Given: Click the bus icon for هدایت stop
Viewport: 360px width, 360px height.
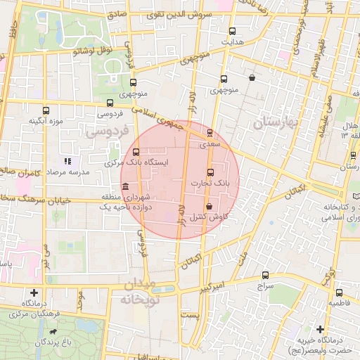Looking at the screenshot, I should [x=233, y=30].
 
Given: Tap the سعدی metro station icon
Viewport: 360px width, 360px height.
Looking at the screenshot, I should [x=210, y=133].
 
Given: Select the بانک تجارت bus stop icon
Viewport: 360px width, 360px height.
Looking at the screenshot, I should [x=210, y=172].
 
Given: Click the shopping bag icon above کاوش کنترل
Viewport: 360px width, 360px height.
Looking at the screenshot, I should [x=210, y=206].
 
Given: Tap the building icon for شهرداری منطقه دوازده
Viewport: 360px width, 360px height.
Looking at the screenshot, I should [x=125, y=187].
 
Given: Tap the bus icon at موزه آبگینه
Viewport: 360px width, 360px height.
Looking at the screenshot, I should [x=46, y=110].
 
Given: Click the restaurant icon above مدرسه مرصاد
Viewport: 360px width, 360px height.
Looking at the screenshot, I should [x=67, y=161].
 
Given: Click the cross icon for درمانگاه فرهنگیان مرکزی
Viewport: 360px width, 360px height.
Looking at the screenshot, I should [x=34, y=292].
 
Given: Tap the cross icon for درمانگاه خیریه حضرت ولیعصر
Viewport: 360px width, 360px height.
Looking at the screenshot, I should [x=321, y=329].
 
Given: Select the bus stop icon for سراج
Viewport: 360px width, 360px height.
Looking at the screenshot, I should [x=265, y=275].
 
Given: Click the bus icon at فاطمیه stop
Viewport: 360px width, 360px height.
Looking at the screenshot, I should [x=340, y=292].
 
